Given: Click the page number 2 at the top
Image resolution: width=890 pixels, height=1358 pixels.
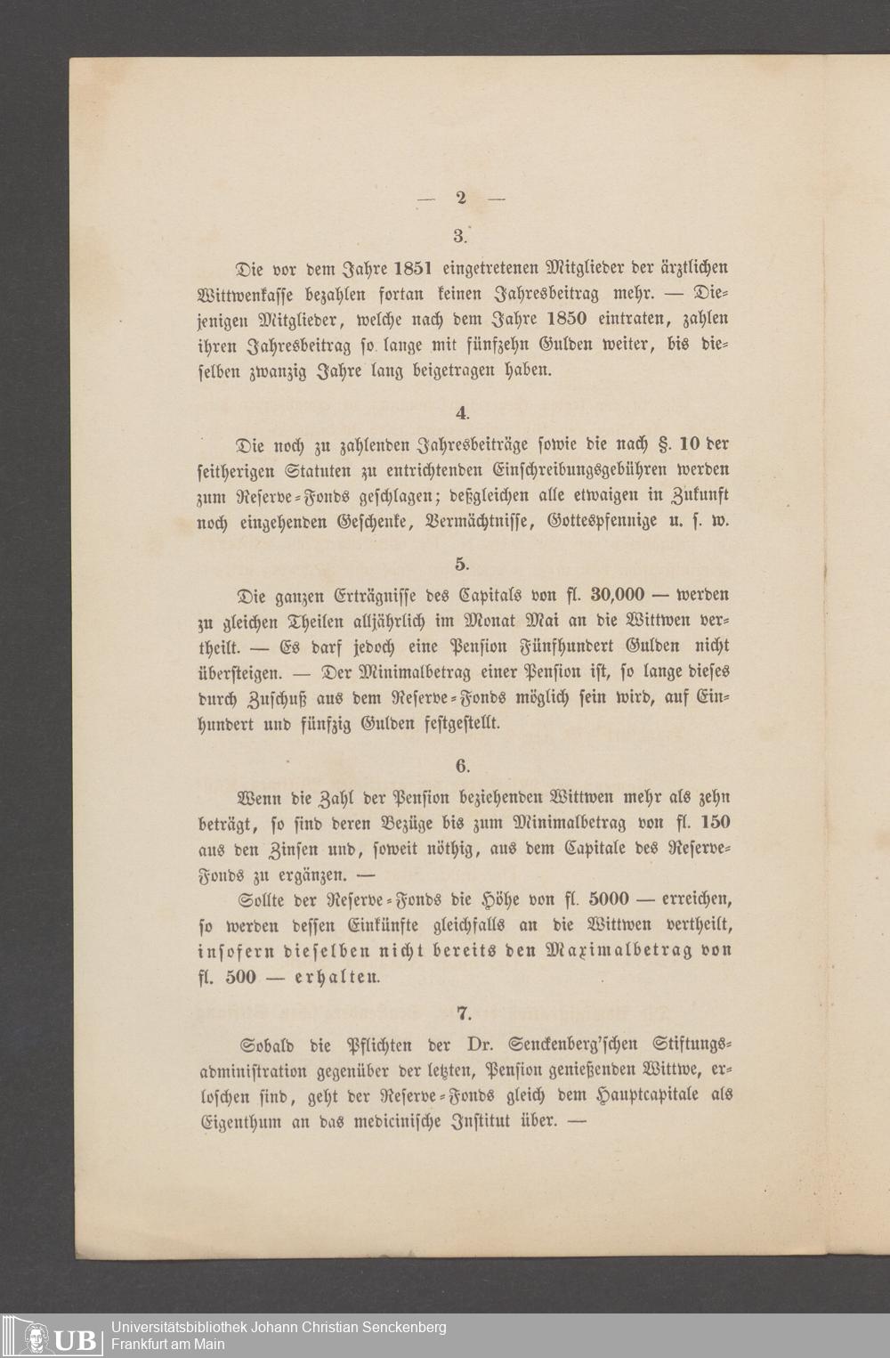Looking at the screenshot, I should click(x=461, y=199).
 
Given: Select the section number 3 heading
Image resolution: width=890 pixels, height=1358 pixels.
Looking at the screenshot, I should click(x=460, y=235).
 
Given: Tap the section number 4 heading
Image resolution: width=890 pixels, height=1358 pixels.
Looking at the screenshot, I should click(x=461, y=412).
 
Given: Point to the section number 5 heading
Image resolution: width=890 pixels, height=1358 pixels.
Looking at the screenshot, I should click(x=461, y=564).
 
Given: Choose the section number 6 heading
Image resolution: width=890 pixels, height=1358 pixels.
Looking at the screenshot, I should click(x=461, y=766).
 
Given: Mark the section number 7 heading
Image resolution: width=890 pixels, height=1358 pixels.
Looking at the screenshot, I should click(x=461, y=1012).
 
